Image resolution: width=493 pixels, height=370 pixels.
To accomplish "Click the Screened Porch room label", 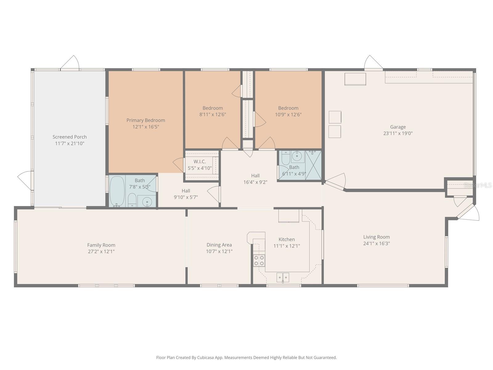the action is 70,137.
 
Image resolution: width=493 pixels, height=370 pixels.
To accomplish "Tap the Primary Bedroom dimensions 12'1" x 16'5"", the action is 146,127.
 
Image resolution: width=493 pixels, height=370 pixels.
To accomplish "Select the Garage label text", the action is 398,127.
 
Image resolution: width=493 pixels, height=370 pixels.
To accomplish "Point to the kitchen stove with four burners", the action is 259,261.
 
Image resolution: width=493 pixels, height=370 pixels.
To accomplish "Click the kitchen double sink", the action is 283,277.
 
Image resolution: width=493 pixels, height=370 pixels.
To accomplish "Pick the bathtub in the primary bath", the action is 117,191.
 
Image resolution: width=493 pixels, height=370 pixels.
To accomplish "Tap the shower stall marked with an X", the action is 313,165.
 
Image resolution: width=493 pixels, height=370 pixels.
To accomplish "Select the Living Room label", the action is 377,237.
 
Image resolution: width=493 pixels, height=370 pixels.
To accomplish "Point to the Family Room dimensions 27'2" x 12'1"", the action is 101,251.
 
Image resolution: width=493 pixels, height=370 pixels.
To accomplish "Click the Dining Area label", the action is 219,245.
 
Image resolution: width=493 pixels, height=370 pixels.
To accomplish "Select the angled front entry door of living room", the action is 469,212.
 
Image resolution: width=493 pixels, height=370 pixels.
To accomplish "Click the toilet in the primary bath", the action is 132,200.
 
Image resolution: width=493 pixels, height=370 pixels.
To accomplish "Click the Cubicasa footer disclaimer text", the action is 246,357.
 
